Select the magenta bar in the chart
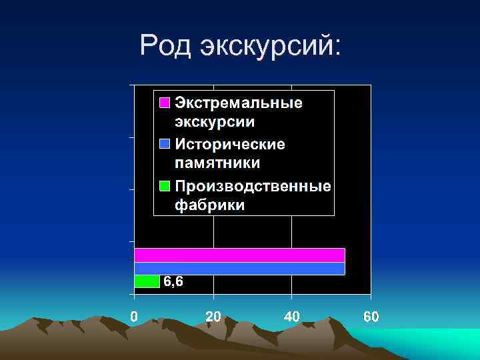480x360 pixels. (x=239, y=255)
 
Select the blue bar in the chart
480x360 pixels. (x=239, y=268)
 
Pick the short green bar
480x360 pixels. (x=147, y=281)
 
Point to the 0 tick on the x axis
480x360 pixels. (x=134, y=316)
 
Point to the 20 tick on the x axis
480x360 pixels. (x=213, y=316)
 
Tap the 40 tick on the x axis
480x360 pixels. (x=292, y=316)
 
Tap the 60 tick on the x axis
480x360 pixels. (x=371, y=316)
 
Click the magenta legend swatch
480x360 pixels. (x=164, y=103)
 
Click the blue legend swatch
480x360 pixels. (x=164, y=144)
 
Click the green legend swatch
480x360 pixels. (x=164, y=185)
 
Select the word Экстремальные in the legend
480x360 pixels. (x=239, y=103)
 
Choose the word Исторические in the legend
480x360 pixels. (x=230, y=144)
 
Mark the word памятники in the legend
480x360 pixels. (x=217, y=163)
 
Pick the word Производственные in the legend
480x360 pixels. (x=253, y=185)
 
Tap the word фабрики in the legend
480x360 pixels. (x=209, y=205)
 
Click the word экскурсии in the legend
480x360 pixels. (x=215, y=122)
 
